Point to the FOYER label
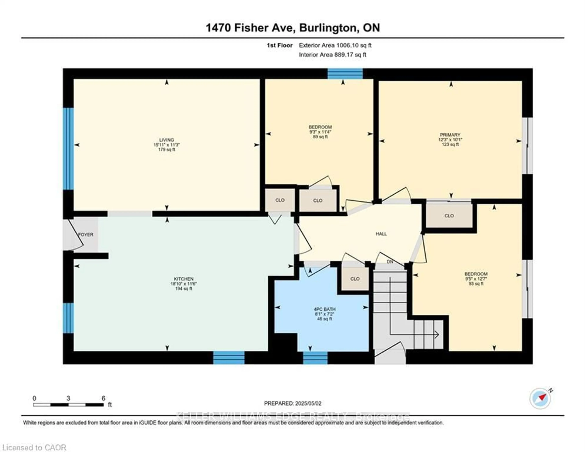click(x=86, y=235)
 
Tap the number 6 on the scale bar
click(x=103, y=398)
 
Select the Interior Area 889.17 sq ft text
click(x=332, y=55)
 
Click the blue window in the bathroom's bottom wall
click(x=315, y=358)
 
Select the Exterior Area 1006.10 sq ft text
click(x=335, y=45)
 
